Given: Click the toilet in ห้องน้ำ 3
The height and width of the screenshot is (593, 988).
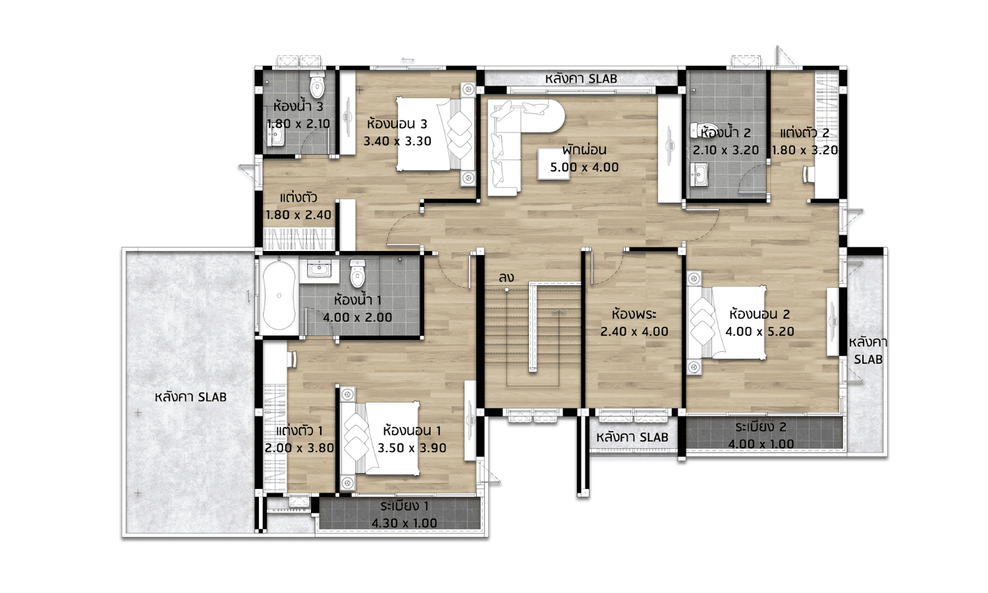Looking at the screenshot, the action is [x=317, y=84].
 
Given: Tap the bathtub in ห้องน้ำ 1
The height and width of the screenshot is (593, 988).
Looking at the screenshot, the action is [x=279, y=295].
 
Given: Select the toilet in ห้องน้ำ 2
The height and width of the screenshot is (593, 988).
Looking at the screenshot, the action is [x=705, y=130].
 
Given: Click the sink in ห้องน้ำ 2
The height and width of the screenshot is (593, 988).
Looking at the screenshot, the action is [x=700, y=175].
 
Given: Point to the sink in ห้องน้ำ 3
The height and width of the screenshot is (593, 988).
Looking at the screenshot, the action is [x=276, y=137].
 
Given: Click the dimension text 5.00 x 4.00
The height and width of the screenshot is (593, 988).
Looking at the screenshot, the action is [x=584, y=167].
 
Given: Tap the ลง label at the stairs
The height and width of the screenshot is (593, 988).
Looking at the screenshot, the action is [x=507, y=277].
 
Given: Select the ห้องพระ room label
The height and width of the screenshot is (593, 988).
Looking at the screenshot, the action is [x=634, y=314].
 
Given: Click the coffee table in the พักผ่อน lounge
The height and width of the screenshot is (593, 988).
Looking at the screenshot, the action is [x=553, y=163].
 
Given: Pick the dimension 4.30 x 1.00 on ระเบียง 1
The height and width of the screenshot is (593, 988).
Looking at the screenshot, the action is [x=404, y=523].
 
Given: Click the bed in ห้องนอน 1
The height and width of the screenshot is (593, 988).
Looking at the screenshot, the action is [x=380, y=439].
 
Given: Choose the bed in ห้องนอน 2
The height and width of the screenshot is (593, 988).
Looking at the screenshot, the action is [x=727, y=323].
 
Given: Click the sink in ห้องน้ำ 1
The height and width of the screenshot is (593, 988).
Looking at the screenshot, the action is [x=318, y=269].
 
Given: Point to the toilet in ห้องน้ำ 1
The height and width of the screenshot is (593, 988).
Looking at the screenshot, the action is [x=357, y=273].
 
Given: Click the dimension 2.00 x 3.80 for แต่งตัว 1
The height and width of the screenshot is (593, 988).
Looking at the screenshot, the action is [x=299, y=448].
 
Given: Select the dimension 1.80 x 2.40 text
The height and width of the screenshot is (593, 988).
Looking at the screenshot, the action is [x=298, y=215].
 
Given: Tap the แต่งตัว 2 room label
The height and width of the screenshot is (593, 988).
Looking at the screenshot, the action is [x=804, y=133].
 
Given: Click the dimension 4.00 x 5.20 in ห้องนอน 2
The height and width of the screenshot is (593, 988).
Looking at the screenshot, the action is [x=759, y=331].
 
